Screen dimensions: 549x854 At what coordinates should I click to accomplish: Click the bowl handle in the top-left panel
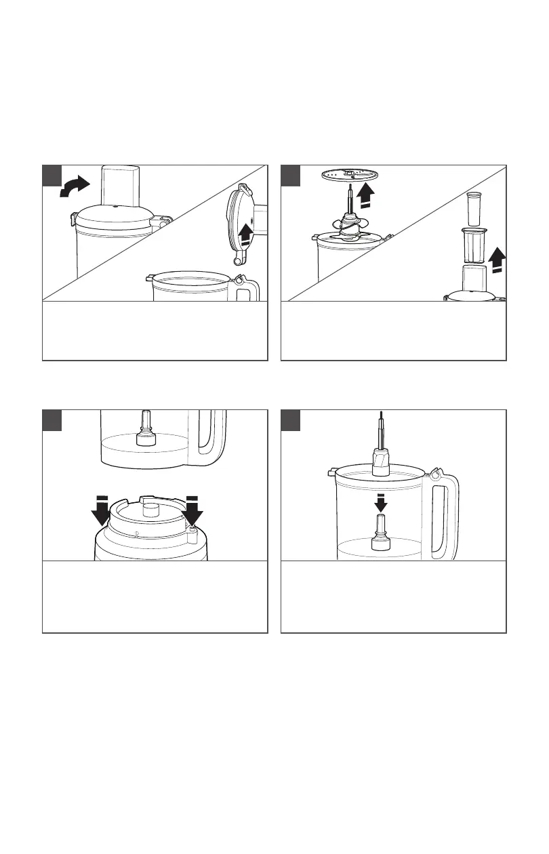(x=249, y=287)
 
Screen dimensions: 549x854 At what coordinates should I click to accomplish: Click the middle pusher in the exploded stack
(x=474, y=245)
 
